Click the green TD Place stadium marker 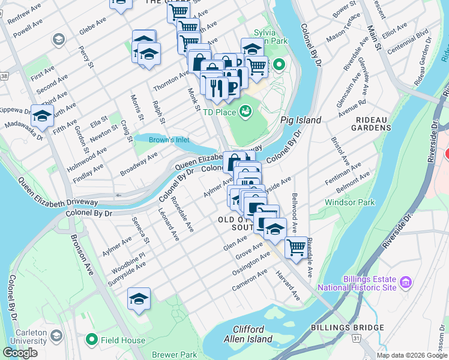click(x=245, y=111)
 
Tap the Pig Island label click(x=301, y=120)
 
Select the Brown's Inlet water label click(x=169, y=140)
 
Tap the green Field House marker click(x=92, y=340)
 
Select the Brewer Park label click(x=174, y=355)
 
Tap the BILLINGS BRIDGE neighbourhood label click(x=348, y=328)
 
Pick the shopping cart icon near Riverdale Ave click(x=296, y=247)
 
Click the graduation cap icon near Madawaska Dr click(x=42, y=116)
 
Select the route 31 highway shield click(x=356, y=339)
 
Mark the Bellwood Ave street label click(x=294, y=212)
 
